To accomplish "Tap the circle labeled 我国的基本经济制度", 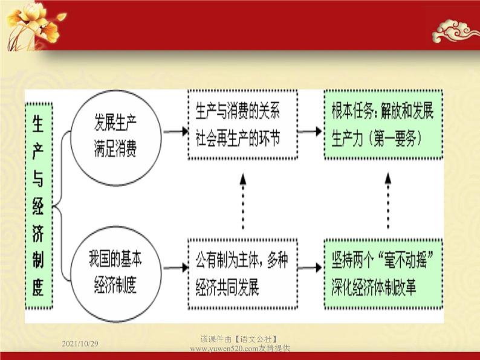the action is pos(115,272).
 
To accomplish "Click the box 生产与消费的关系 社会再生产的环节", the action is pos(242,125).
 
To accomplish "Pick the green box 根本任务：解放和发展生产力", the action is pos(383,125).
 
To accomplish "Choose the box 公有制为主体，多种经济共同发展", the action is pos(242,274).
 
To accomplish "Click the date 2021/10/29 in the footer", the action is pos(80,343).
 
